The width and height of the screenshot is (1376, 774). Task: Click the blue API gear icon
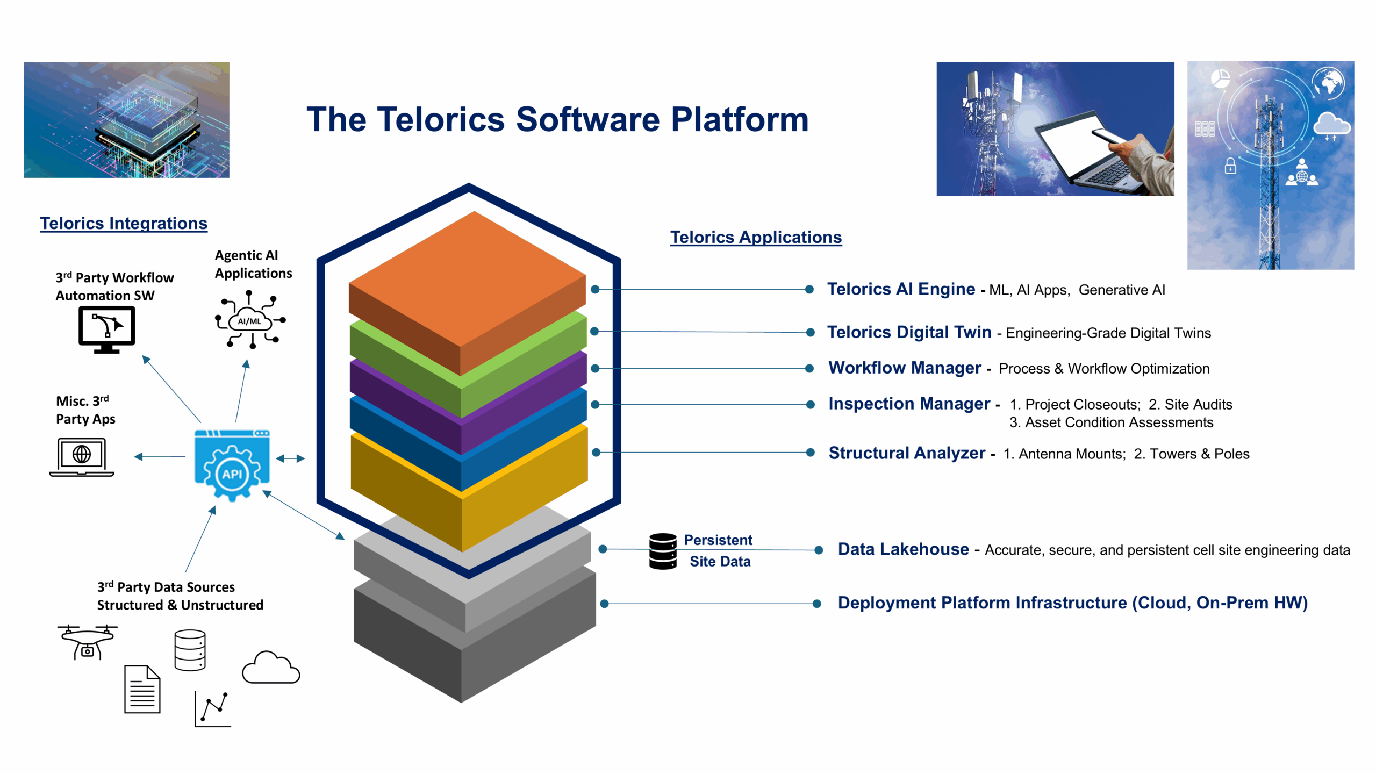tap(232, 465)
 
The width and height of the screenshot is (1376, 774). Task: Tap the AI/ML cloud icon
tap(250, 320)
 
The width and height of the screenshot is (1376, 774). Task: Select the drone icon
tap(87, 641)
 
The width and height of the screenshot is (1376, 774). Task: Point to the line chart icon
tap(213, 709)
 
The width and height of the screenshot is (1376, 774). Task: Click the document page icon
tap(142, 689)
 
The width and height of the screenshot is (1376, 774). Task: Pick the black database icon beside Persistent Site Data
tap(663, 551)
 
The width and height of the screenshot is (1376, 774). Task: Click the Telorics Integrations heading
tap(124, 223)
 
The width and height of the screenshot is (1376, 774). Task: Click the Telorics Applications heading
tap(756, 237)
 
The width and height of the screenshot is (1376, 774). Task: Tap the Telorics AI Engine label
tap(901, 289)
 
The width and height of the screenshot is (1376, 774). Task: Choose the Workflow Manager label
tap(905, 368)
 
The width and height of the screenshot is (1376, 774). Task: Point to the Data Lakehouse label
tap(903, 549)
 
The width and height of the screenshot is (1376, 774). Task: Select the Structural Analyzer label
tap(907, 453)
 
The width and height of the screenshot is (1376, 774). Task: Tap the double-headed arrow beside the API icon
tap(290, 458)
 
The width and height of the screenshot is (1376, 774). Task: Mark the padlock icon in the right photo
tap(1230, 166)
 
